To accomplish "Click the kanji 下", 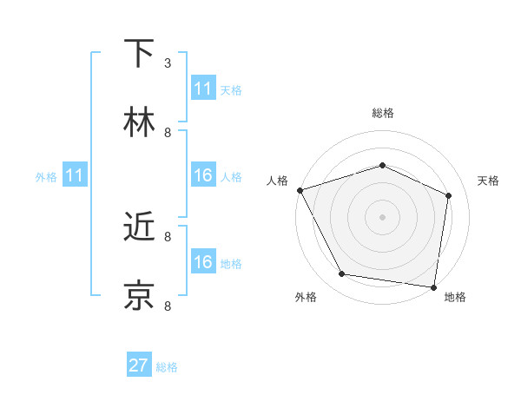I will tap(139, 54).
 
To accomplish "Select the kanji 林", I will tap(139, 122).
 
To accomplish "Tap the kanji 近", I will tap(139, 227).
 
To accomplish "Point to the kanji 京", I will tap(139, 296).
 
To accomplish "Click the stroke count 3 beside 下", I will tap(168, 63).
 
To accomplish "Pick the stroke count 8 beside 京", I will tap(168, 306).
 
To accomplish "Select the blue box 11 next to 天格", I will tap(203, 89).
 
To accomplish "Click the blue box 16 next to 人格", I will tap(203, 175).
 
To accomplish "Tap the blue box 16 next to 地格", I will tap(203, 262).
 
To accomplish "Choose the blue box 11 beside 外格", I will tap(75, 175).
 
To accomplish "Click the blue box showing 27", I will tap(139, 365).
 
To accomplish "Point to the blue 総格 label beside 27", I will tap(167, 367).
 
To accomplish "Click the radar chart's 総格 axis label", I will tap(382, 113).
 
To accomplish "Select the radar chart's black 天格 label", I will tap(488, 181).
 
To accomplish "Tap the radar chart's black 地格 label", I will tap(455, 297).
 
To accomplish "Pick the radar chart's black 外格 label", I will tap(306, 297).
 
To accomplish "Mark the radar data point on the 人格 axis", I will tap(300, 190).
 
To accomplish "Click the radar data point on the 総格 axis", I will tap(382, 165).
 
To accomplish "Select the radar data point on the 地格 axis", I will tap(433, 286).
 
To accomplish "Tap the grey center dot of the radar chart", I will tap(382, 216).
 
